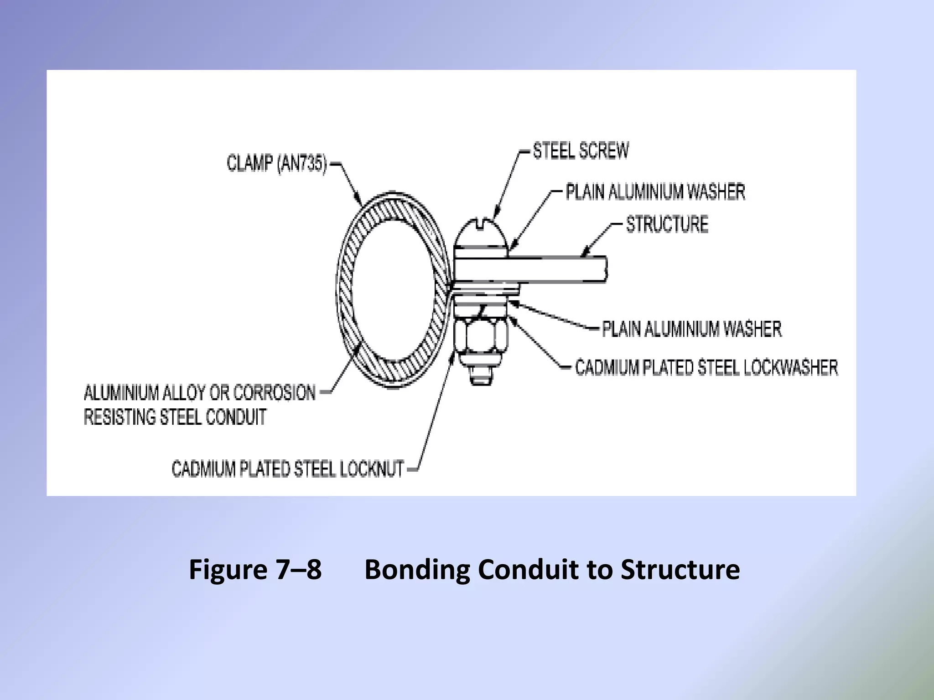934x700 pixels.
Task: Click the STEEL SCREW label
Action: (x=581, y=151)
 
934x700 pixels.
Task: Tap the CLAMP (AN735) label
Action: (x=277, y=164)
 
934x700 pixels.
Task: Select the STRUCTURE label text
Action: (x=667, y=224)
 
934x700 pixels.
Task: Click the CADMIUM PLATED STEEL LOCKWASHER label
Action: (x=706, y=367)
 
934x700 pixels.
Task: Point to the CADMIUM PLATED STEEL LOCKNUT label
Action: (x=287, y=468)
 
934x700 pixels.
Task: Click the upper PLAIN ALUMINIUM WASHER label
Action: (x=655, y=192)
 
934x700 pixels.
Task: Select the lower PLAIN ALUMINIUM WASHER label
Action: (x=691, y=329)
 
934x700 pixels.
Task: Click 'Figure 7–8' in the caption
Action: (x=255, y=570)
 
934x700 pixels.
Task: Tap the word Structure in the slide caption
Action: (x=680, y=570)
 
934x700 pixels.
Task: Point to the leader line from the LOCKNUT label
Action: (x=433, y=410)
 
